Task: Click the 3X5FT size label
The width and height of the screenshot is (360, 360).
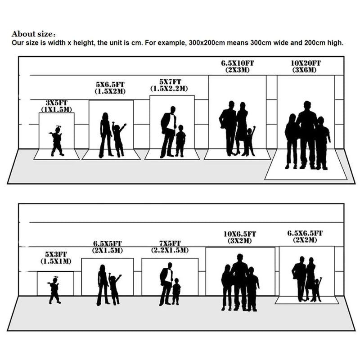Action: pyautogui.click(x=57, y=103)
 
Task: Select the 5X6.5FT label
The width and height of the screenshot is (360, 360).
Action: pyautogui.click(x=110, y=85)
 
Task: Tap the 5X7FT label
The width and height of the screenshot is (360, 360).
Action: pyautogui.click(x=170, y=82)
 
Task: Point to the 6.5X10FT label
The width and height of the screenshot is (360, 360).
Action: pyautogui.click(x=238, y=63)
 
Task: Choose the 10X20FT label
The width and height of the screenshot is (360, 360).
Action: pyautogui.click(x=306, y=63)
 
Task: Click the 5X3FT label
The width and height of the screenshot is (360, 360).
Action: pyautogui.click(x=56, y=254)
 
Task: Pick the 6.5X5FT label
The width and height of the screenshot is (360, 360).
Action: pyautogui.click(x=108, y=243)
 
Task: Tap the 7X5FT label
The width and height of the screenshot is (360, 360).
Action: pyautogui.click(x=170, y=243)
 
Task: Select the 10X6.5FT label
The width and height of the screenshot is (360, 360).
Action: pyautogui.click(x=240, y=234)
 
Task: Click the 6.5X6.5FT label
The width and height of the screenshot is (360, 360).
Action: pyautogui.click(x=305, y=234)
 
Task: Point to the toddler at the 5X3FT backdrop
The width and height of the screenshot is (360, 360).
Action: pyautogui.click(x=54, y=290)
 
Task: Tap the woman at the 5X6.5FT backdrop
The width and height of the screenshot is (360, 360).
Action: pyautogui.click(x=106, y=135)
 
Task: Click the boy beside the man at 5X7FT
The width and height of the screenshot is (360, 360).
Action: pyautogui.click(x=180, y=141)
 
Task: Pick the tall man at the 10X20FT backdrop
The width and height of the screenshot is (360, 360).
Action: pyautogui.click(x=306, y=135)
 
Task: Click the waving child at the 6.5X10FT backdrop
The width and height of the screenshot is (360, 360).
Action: pyautogui.click(x=250, y=141)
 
